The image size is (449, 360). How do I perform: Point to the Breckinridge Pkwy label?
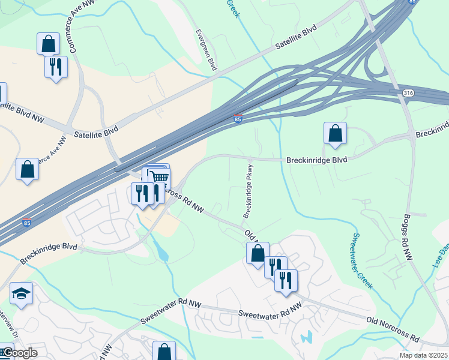(249, 191)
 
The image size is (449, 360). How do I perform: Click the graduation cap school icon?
(22, 293)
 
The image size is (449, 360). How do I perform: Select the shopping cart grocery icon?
(159, 178)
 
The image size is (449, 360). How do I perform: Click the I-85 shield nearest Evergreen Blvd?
(238, 119)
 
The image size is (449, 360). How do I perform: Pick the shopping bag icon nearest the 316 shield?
(335, 133)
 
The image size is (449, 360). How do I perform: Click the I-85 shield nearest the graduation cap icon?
(26, 223)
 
